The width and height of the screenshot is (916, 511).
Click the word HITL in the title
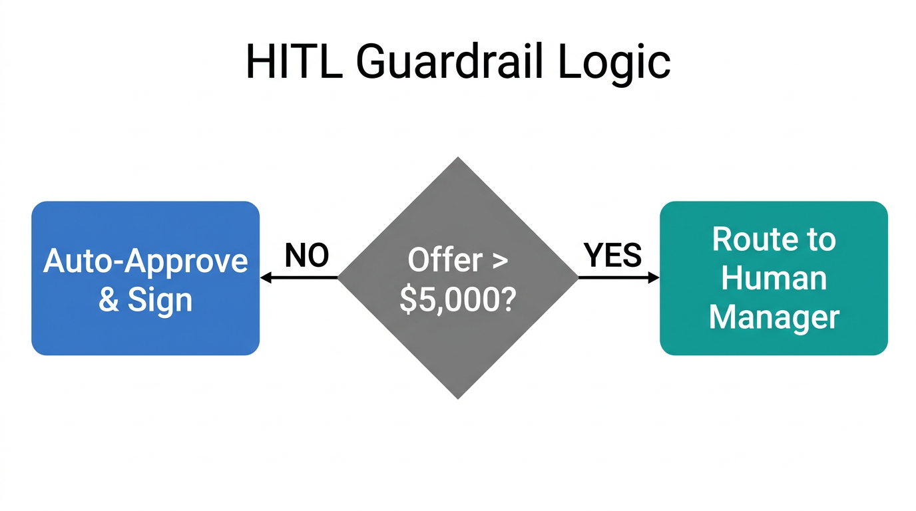(293, 62)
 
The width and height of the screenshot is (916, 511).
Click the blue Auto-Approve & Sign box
(145, 278)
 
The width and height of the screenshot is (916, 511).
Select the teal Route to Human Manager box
(774, 278)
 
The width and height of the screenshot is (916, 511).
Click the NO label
(307, 255)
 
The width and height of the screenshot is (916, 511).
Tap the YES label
(612, 255)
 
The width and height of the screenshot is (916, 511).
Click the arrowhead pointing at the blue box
(265, 278)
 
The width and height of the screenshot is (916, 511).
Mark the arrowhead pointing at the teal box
(654, 278)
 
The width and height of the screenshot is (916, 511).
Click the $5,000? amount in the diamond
(458, 300)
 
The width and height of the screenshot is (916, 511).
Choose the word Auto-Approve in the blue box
(145, 261)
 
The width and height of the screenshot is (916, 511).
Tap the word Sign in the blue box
(160, 300)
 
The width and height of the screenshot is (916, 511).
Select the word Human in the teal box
(774, 278)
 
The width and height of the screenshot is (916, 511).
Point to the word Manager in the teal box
(774, 317)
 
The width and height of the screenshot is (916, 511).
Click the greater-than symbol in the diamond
(499, 261)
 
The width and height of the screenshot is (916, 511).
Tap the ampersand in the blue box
(108, 300)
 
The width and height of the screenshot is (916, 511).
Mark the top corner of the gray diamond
(458, 160)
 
